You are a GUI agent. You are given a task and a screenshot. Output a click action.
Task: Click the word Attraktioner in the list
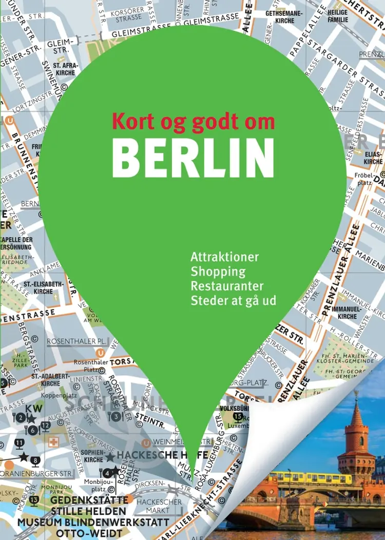point(224,256)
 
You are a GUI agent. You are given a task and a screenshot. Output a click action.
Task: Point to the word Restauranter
point(227,285)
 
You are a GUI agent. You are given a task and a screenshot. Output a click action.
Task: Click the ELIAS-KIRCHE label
point(373,157)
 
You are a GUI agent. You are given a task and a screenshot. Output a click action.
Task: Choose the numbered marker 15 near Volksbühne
point(238,416)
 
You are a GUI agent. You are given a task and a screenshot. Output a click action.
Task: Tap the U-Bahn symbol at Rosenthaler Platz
point(101,353)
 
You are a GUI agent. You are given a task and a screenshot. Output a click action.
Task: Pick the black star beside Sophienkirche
point(110,457)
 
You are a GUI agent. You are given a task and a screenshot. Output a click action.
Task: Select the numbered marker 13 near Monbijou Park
point(34,499)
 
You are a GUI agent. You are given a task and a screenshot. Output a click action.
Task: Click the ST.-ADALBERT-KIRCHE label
point(50,379)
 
